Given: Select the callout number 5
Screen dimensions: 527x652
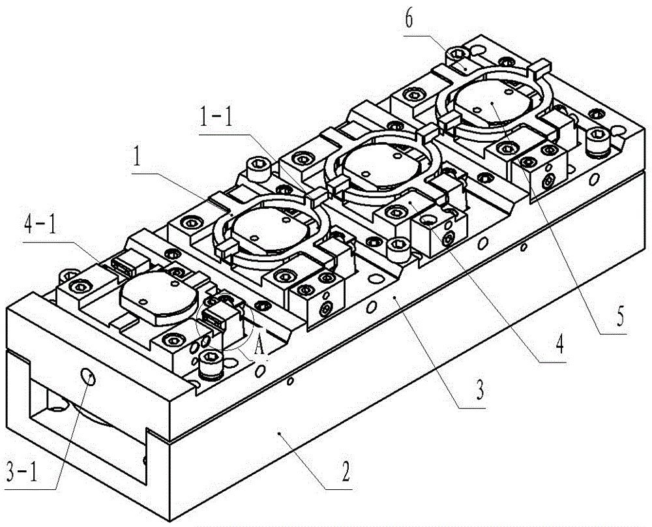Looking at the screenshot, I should click(619, 317).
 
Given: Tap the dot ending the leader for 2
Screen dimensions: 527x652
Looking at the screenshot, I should click(279, 432).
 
